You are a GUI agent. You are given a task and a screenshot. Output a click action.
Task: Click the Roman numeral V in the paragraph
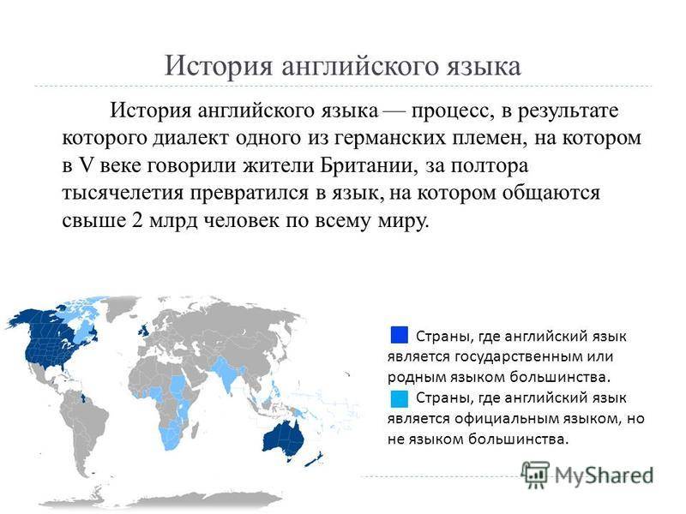click(84, 166)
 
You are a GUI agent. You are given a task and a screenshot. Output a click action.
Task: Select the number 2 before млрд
click(135, 221)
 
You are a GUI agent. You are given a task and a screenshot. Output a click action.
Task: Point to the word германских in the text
click(389, 139)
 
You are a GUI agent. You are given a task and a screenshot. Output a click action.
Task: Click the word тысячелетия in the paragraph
click(123, 194)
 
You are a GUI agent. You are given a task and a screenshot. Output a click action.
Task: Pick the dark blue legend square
click(399, 335)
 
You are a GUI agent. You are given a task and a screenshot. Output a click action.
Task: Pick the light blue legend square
click(399, 398)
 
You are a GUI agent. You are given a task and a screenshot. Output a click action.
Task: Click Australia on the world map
click(283, 438)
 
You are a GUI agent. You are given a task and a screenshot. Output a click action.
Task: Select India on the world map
click(226, 373)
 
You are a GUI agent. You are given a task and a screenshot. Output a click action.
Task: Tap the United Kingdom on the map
click(142, 331)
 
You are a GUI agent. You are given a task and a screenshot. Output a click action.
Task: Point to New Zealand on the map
click(315, 459)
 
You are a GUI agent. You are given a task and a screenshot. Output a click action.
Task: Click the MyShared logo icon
click(535, 475)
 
